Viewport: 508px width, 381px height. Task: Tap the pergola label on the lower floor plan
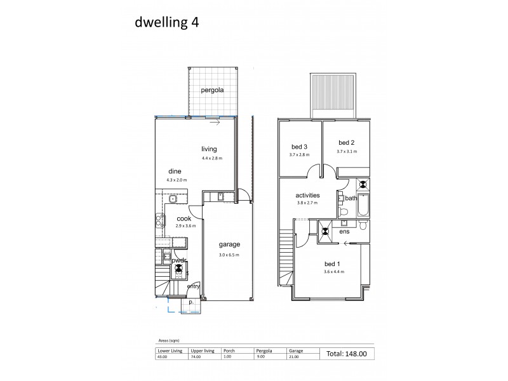tap(212, 90)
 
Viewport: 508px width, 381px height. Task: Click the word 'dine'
tap(175, 171)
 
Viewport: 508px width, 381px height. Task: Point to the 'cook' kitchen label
tap(184, 218)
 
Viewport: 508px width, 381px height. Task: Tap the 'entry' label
tap(194, 286)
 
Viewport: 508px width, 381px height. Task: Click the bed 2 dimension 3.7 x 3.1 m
tap(347, 152)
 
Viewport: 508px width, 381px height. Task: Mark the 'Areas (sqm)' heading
tap(168, 340)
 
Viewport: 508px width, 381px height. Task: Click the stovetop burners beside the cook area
tap(158, 221)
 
